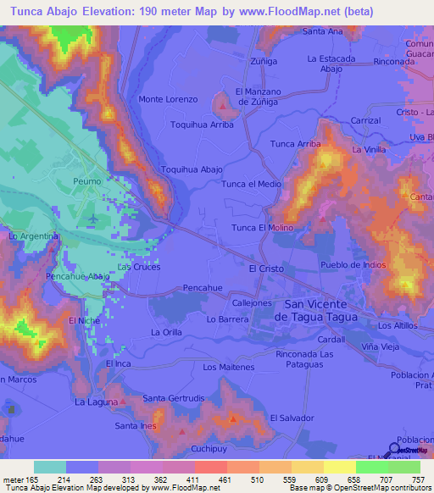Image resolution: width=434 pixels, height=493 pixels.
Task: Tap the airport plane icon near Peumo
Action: point(91,219)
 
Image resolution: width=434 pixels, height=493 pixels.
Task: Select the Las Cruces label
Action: point(138,267)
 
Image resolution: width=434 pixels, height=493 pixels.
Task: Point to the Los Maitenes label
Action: point(229,367)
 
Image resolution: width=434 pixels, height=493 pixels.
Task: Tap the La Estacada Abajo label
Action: point(331,64)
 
